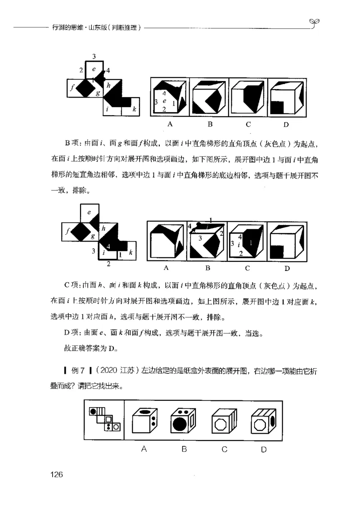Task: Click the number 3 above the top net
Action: [x=94, y=56]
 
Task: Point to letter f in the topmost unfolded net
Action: [x=72, y=88]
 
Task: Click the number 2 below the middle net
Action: [x=108, y=264]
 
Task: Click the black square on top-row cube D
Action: [x=279, y=107]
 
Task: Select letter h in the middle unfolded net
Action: [x=103, y=228]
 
